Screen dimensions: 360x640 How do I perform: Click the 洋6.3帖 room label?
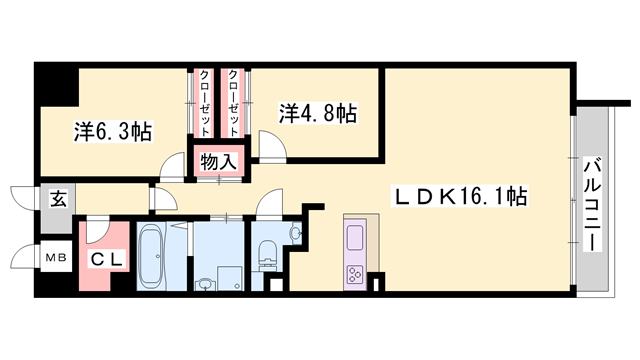click(112, 130)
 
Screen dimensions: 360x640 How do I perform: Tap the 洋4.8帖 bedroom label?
click(317, 113)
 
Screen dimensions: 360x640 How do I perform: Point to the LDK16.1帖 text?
click(461, 198)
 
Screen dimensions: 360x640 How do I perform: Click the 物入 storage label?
click(217, 162)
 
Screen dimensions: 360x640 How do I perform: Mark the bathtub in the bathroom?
click(154, 257)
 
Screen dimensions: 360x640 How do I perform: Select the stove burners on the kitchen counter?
click(356, 273)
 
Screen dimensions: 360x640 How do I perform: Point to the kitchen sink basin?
click(356, 238)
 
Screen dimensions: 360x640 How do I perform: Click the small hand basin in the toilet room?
click(295, 234)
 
